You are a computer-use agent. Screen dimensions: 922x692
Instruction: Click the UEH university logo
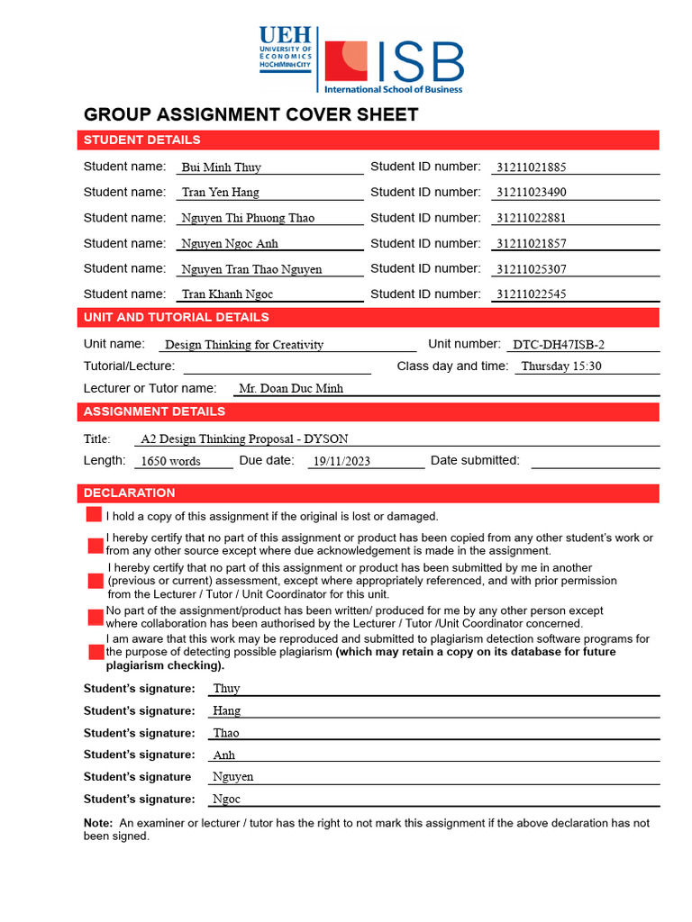(285, 50)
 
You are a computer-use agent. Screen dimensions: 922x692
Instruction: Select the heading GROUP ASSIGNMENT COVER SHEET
(250, 114)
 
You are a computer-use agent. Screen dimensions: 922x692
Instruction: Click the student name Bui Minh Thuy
(221, 167)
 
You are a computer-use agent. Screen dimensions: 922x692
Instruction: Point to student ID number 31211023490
(531, 193)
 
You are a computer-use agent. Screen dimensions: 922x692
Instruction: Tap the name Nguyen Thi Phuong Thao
(248, 218)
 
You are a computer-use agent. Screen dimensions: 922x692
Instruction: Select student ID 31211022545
(531, 294)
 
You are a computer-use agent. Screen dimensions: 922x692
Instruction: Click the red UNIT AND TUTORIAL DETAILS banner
(369, 317)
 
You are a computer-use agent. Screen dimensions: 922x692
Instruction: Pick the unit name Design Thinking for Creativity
(244, 345)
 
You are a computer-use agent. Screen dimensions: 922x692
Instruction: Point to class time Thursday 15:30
(560, 366)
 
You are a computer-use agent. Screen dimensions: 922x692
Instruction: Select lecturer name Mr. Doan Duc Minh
(290, 389)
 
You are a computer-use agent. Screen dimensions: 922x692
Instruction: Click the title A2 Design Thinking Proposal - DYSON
(244, 439)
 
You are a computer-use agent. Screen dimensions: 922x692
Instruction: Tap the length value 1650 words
(171, 462)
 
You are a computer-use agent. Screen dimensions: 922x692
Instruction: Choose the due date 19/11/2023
(340, 462)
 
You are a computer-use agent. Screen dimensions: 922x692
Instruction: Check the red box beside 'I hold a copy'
(94, 515)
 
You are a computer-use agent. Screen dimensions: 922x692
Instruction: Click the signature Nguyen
(232, 777)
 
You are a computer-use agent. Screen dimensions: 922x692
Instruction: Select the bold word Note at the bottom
(97, 823)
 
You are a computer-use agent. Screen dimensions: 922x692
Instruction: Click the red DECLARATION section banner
(369, 493)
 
